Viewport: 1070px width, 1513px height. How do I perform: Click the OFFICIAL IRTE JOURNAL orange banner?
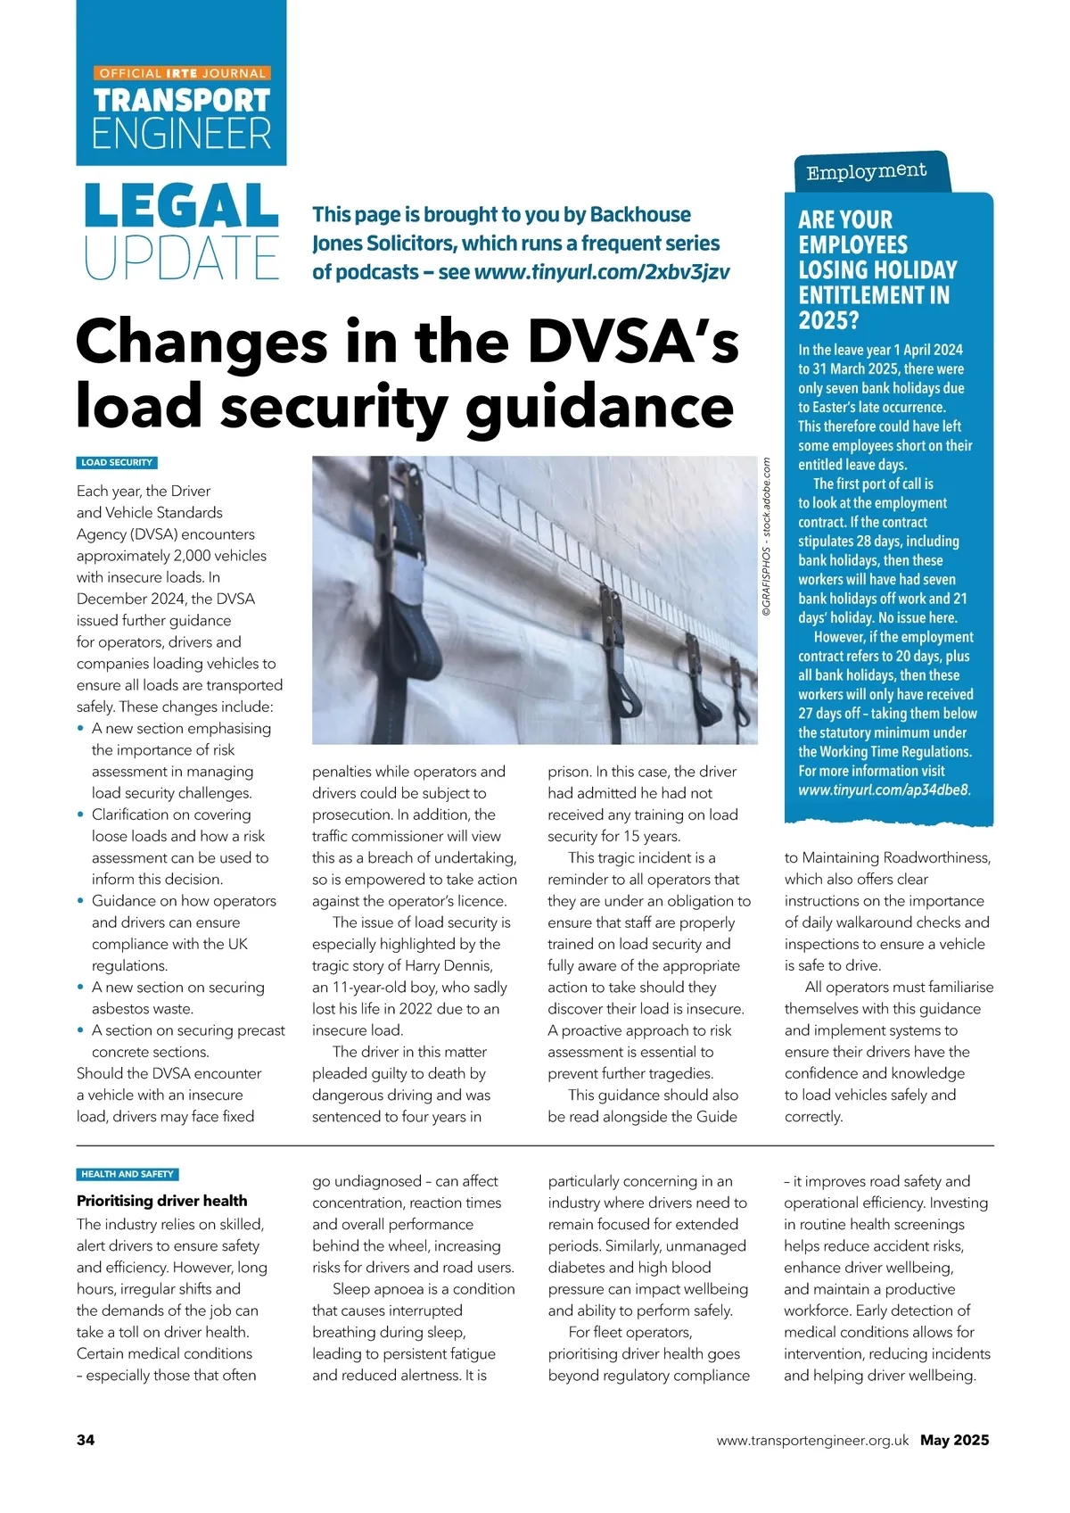tap(182, 73)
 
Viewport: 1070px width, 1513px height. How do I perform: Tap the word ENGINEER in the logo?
tap(182, 134)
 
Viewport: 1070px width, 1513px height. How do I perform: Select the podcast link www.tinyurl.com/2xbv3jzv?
tap(602, 272)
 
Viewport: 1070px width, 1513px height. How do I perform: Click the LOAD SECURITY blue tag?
tap(117, 463)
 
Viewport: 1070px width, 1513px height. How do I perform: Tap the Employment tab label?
tap(866, 171)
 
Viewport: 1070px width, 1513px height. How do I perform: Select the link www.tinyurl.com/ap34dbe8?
tap(883, 790)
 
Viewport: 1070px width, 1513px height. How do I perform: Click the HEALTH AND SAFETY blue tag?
tap(127, 1174)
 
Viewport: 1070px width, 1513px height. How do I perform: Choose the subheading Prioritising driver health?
tap(162, 1201)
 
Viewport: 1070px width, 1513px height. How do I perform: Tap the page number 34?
tap(86, 1440)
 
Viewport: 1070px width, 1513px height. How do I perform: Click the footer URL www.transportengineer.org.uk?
tap(812, 1440)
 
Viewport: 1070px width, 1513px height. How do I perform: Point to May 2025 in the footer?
tap(955, 1440)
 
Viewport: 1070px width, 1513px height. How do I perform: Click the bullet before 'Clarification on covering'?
tap(81, 814)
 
